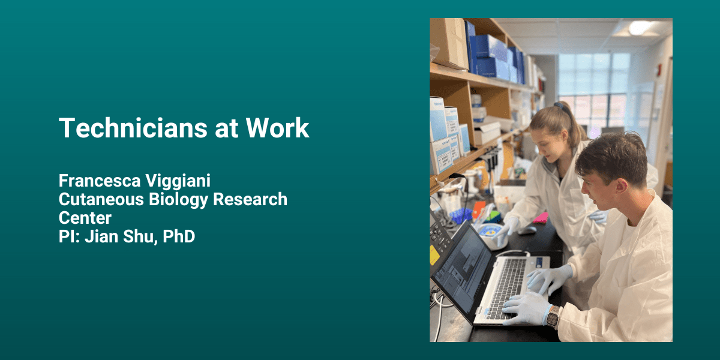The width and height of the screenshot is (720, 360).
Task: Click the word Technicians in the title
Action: pyautogui.click(x=133, y=128)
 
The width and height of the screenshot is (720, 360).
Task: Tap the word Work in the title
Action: pyautogui.click(x=277, y=128)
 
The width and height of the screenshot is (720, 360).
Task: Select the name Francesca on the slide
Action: pyautogui.click(x=100, y=181)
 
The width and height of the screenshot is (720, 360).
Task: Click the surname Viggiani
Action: pyautogui.click(x=178, y=181)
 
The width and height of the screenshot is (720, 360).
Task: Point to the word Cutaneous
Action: pyautogui.click(x=101, y=199)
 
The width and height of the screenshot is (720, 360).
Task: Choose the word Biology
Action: pyautogui.click(x=178, y=200)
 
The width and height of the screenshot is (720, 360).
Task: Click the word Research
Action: pyautogui.click(x=250, y=199)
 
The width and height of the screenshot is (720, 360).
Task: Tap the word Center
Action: pyautogui.click(x=85, y=218)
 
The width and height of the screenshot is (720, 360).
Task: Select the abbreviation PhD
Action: pyautogui.click(x=179, y=236)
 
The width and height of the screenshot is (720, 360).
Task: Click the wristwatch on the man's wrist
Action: pyautogui.click(x=553, y=317)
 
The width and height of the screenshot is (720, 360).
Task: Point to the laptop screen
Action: pyautogui.click(x=463, y=269)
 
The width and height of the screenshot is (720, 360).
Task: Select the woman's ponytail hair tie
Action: pyautogui.click(x=561, y=106)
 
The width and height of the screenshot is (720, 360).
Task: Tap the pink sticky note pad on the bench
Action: pyautogui.click(x=541, y=218)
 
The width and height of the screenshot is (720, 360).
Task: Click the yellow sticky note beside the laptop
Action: pyautogui.click(x=434, y=255)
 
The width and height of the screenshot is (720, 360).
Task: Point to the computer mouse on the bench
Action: pyautogui.click(x=527, y=230)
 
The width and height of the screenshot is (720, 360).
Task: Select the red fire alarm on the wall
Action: pyautogui.click(x=659, y=69)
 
